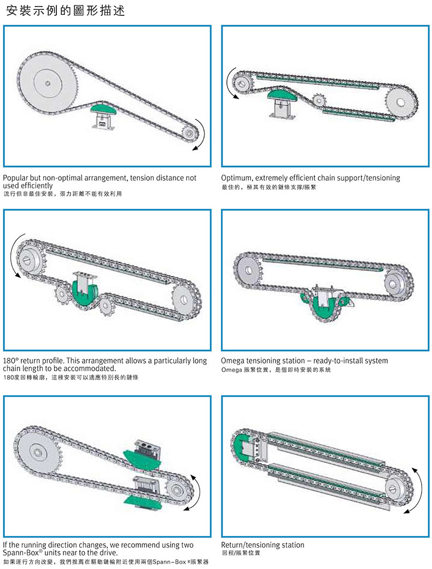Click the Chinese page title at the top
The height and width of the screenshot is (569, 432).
coord(66,10)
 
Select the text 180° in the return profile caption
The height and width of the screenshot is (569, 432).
coord(10,361)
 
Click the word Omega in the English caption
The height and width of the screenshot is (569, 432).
coord(232,361)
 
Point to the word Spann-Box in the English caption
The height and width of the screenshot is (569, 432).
coord(21,553)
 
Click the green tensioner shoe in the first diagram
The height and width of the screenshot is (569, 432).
coord(104,108)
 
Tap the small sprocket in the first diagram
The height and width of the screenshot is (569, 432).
coord(189,133)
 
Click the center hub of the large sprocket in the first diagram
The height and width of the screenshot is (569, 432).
coord(48,83)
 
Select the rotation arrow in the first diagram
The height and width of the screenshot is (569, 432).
coord(200,135)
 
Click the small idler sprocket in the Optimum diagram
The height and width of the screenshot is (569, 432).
coord(318,100)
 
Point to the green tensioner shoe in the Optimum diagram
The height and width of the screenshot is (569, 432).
coord(282,95)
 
